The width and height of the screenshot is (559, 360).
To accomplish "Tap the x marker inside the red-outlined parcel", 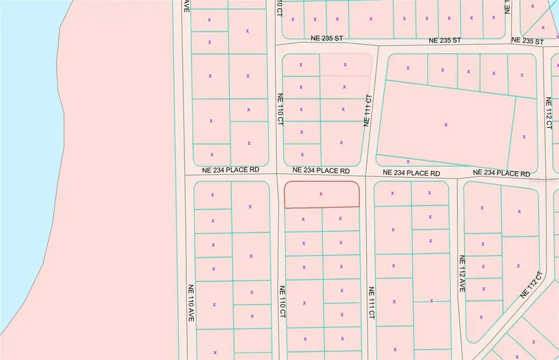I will click(x=321, y=194).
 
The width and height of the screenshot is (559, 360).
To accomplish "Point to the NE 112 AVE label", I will click(x=461, y=274).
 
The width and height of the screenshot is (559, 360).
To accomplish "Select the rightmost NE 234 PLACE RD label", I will click(x=501, y=173).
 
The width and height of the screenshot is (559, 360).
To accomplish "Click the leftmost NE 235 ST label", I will click(x=327, y=38).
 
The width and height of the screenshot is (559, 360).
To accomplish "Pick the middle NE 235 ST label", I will click(x=445, y=40).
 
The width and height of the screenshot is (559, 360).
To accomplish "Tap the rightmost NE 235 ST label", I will click(x=527, y=42).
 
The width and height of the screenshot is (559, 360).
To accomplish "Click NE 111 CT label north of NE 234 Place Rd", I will click(x=368, y=110).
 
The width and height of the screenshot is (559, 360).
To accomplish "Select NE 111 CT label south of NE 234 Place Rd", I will click(x=371, y=303).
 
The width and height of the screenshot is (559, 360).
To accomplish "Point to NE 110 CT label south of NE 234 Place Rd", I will click(x=281, y=302).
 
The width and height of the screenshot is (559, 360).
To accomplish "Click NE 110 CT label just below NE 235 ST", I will click(x=280, y=108).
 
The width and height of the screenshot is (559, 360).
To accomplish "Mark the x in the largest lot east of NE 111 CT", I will click(x=446, y=125).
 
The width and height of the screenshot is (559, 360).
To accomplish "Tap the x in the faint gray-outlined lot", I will click(x=346, y=63).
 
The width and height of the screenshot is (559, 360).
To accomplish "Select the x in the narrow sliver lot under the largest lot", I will click(x=408, y=161).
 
